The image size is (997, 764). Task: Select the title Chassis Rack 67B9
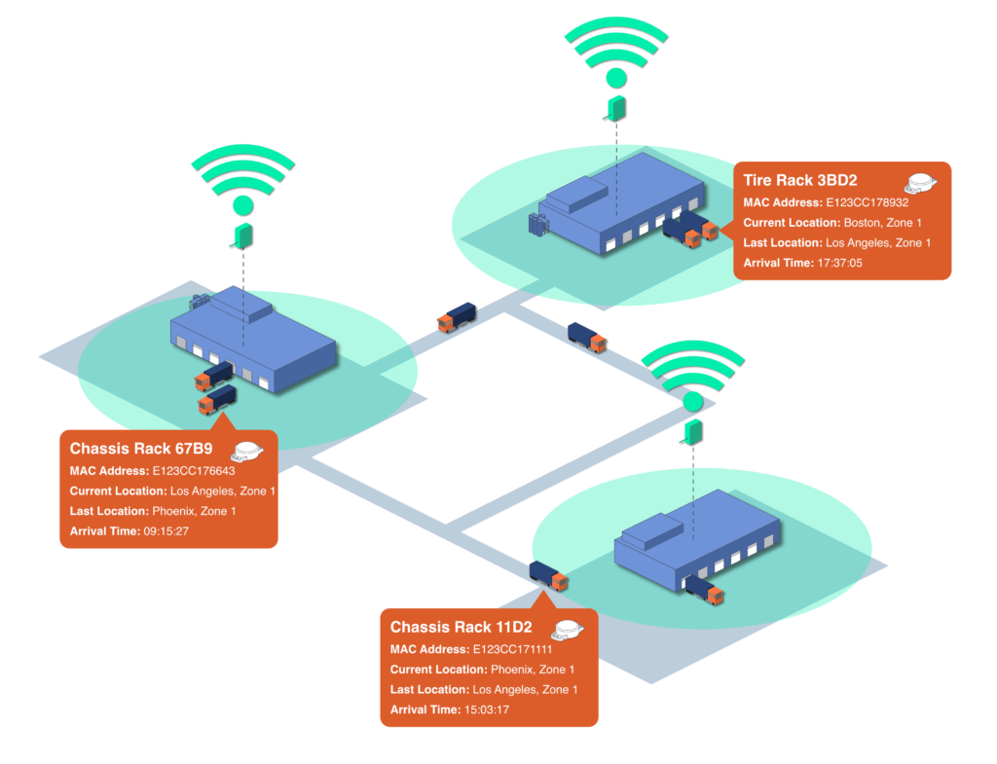pos(141,449)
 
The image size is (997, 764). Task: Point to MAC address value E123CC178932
pos(867,202)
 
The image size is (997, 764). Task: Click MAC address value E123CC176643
pos(193,470)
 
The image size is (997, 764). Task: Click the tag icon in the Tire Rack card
pos(921,182)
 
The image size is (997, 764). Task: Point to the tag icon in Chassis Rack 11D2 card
pos(570,629)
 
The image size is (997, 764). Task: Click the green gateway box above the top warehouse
pos(615,107)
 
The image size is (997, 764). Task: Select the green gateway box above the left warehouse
pos(242,235)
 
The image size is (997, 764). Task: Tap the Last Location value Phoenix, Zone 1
pos(194,511)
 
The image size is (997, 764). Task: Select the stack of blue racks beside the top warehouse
pos(538,225)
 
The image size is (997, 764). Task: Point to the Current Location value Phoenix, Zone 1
pos(532,670)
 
